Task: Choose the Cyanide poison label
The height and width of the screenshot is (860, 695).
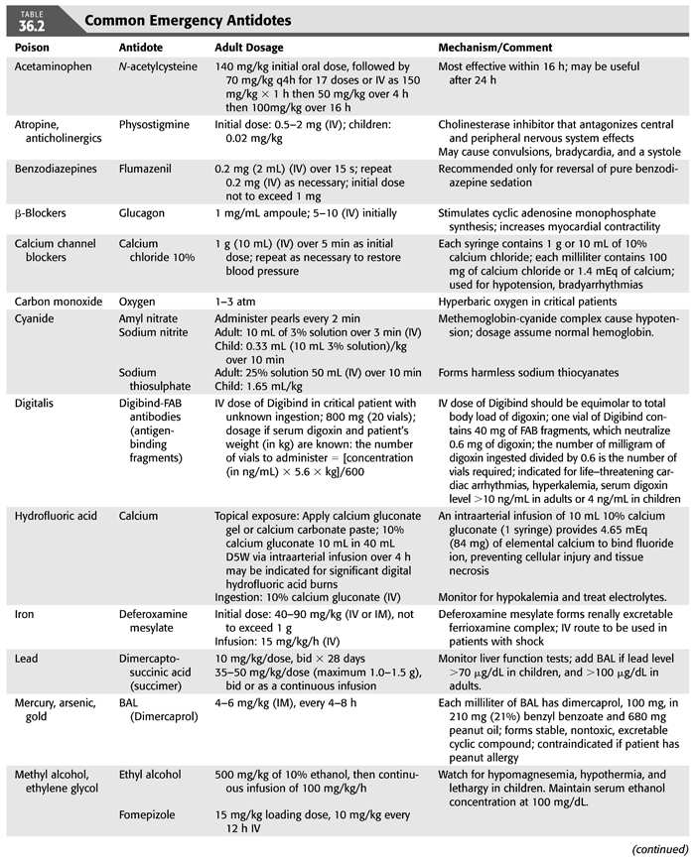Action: coord(36,319)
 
